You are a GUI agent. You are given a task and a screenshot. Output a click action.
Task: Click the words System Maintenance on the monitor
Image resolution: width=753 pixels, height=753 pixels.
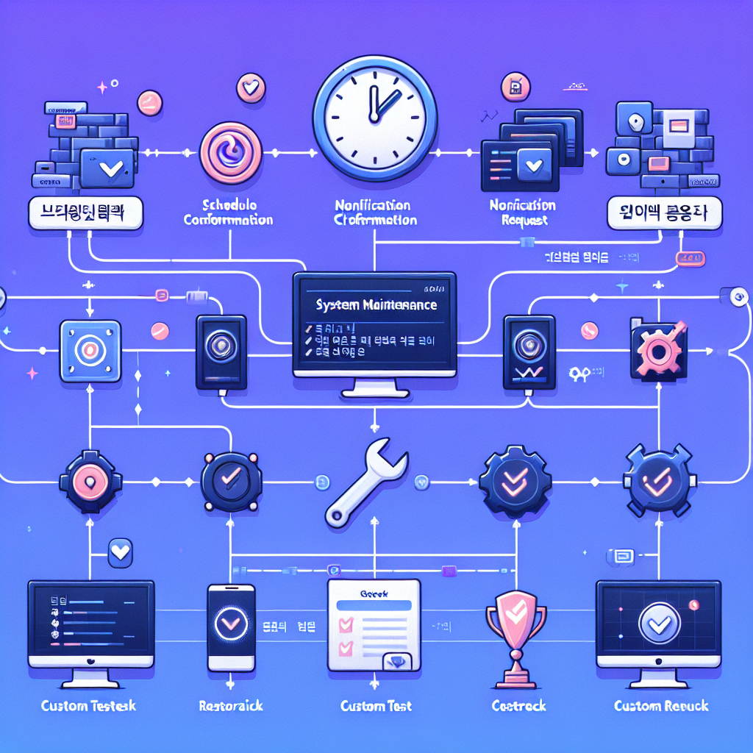coord(375,304)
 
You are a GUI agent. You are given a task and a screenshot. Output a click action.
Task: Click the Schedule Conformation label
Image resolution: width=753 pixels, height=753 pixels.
coord(228,213)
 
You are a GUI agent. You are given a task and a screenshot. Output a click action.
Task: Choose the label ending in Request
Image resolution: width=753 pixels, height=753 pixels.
coord(521,213)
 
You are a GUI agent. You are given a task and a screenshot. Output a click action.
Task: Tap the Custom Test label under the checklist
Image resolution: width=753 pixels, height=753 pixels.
coord(376,706)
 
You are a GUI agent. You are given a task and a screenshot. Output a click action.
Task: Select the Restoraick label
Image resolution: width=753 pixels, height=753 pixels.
coord(231,706)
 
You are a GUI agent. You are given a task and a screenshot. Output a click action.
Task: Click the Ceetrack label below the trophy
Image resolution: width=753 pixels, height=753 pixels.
coord(518,706)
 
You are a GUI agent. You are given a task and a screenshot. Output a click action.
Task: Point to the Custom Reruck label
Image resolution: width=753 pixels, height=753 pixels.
coord(661,706)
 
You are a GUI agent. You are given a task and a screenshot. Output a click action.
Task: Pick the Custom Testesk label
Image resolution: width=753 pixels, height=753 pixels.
coord(89,706)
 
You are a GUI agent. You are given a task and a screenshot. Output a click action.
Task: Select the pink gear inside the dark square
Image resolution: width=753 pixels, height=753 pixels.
coord(657,350)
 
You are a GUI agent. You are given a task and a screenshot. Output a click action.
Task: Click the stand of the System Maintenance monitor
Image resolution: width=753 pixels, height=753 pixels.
coord(375,386)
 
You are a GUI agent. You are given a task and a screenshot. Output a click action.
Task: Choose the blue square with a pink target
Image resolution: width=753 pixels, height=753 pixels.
coord(90,351)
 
